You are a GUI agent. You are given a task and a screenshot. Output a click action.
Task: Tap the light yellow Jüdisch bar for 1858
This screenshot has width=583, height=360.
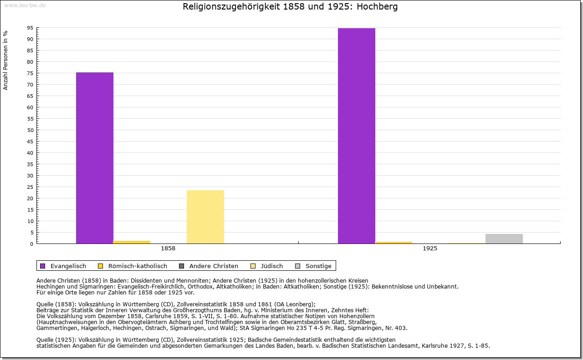pos(205,217)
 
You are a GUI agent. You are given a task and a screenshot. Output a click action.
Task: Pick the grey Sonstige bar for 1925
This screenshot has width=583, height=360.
pos(504,238)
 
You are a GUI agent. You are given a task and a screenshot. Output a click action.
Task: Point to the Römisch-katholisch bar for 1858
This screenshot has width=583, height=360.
pos(132,242)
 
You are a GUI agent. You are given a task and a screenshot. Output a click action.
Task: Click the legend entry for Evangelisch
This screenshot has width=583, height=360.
pos(63,266)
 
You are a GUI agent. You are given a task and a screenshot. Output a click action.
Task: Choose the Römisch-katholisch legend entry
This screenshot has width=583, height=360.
pos(133,266)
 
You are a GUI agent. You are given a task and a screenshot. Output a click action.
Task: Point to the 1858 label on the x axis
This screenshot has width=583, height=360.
pos(168,248)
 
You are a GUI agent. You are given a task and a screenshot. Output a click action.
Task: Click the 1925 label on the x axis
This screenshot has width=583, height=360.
pos(430,248)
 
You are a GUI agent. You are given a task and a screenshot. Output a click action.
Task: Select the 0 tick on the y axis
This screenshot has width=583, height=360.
pos(31,244)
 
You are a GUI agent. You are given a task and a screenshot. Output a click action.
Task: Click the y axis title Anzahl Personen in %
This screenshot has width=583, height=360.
pos(5,60)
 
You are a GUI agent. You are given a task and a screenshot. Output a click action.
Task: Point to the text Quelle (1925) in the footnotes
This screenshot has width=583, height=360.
pos(57,340)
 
